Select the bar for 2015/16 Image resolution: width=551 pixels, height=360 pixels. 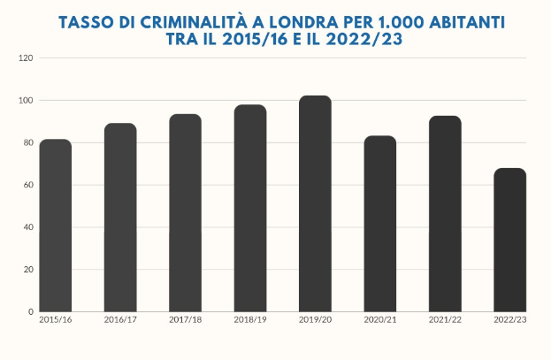pyautogui.click(x=56, y=226)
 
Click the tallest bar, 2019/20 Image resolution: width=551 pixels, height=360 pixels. pyautogui.click(x=315, y=203)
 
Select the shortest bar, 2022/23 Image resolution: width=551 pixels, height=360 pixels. pyautogui.click(x=509, y=240)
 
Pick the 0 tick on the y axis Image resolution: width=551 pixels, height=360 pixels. pyautogui.click(x=30, y=311)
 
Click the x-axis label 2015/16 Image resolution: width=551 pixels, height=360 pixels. pyautogui.click(x=55, y=319)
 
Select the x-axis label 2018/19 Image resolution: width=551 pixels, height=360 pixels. pyautogui.click(x=250, y=319)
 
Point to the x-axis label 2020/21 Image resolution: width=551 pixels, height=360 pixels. pyautogui.click(x=380, y=319)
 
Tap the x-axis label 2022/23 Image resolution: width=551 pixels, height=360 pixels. pyautogui.click(x=509, y=319)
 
